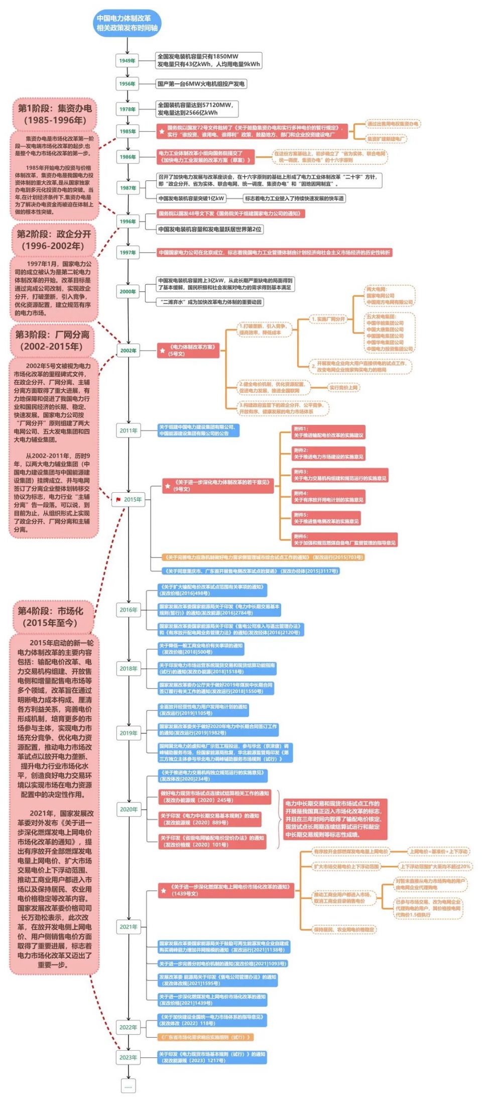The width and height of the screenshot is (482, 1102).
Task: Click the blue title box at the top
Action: (x=128, y=23)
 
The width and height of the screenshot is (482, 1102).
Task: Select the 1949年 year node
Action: (x=127, y=61)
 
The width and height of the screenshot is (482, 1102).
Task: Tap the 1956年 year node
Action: (x=127, y=84)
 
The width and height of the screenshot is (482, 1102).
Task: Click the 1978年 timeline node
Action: (x=127, y=109)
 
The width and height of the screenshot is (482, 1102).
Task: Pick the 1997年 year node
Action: (x=128, y=253)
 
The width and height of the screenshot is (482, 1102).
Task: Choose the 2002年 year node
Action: (x=128, y=351)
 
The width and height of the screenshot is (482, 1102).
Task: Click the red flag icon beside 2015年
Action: (x=118, y=499)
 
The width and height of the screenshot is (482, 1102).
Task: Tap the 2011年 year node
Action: (x=128, y=430)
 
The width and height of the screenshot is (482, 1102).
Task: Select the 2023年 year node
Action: (x=128, y=1057)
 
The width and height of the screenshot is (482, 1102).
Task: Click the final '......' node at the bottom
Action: (x=128, y=1086)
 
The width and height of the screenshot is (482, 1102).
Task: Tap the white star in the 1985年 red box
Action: (x=162, y=132)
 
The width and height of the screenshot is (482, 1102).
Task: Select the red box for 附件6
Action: (x=344, y=539)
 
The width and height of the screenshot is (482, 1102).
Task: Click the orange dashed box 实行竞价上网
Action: (x=344, y=388)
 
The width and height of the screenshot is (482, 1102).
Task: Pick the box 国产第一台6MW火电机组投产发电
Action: (x=201, y=84)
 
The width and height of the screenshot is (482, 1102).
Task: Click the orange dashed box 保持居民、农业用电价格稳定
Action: (x=344, y=930)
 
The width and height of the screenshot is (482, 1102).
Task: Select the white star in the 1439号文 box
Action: (x=164, y=891)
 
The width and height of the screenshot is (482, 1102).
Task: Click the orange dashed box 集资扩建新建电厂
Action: (x=386, y=139)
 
